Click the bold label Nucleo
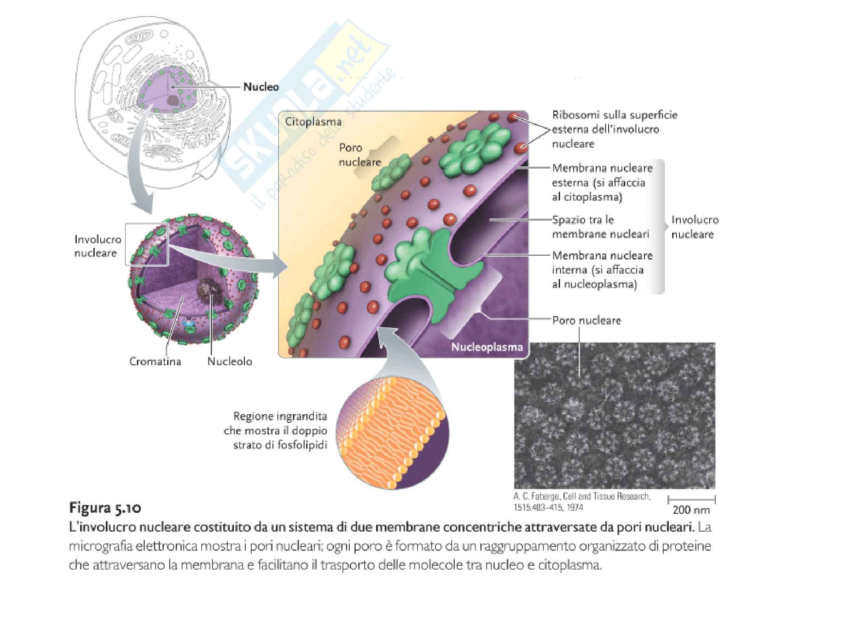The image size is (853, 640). (261, 87)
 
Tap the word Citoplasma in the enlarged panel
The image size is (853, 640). (313, 122)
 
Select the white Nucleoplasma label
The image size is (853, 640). (487, 347)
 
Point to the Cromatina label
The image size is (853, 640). (155, 361)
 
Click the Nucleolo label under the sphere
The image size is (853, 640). (229, 361)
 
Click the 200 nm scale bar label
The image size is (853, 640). (691, 509)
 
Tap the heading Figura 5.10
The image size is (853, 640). (105, 508)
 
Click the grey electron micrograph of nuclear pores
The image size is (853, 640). (614, 416)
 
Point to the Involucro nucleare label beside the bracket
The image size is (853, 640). (695, 227)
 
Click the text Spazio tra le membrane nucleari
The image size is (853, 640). (600, 227)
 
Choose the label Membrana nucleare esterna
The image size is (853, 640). (601, 182)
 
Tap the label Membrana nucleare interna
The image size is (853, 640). (602, 270)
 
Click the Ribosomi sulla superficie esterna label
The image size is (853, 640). (614, 129)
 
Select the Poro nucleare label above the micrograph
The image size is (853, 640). (586, 320)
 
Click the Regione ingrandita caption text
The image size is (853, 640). (280, 431)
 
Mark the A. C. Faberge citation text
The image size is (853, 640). (582, 502)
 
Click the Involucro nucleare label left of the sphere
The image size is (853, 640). (98, 246)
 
